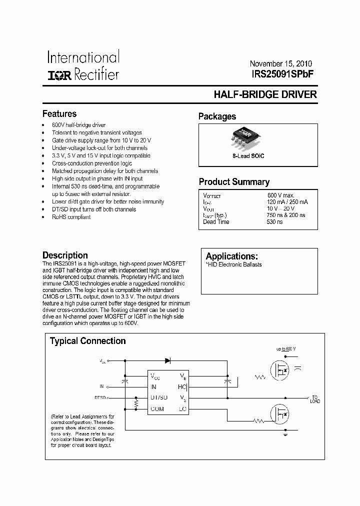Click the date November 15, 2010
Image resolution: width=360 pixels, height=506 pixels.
(x=280, y=64)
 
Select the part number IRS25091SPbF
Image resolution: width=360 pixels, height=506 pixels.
(x=283, y=73)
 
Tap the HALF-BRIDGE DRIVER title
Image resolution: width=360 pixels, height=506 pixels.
(x=265, y=94)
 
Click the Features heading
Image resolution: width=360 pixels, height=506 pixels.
(x=59, y=114)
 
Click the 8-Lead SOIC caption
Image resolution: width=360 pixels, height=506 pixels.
(x=248, y=156)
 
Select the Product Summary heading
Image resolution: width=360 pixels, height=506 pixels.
(x=234, y=182)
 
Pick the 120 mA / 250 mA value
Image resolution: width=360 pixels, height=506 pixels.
(x=287, y=202)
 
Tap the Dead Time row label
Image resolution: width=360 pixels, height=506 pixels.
(x=216, y=221)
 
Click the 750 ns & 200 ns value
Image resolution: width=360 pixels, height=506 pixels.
(x=286, y=215)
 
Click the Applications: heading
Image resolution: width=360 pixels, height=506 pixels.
(x=232, y=256)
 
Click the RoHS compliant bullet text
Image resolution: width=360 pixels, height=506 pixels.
(x=71, y=217)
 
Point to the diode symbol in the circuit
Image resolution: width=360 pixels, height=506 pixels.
(x=167, y=360)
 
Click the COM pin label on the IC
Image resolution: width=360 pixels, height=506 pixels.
(x=157, y=408)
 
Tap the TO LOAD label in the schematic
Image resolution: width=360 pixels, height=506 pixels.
(x=314, y=399)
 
